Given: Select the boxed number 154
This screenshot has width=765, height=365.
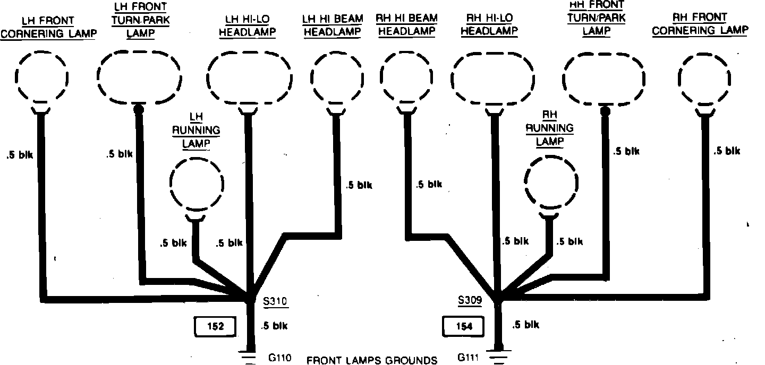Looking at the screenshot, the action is click(x=464, y=326).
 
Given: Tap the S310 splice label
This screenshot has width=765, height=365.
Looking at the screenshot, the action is click(x=275, y=302).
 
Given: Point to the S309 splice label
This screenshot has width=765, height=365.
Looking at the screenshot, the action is click(x=470, y=301).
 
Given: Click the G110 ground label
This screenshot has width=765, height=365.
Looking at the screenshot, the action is click(x=280, y=358).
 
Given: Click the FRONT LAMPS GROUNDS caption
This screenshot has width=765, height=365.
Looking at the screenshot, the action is click(x=372, y=360).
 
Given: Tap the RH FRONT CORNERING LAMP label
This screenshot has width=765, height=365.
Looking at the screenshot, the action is click(x=699, y=24).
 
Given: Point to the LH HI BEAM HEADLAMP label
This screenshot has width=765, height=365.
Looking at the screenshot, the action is click(x=333, y=25).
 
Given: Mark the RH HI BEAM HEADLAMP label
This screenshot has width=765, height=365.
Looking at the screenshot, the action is click(x=406, y=24).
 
